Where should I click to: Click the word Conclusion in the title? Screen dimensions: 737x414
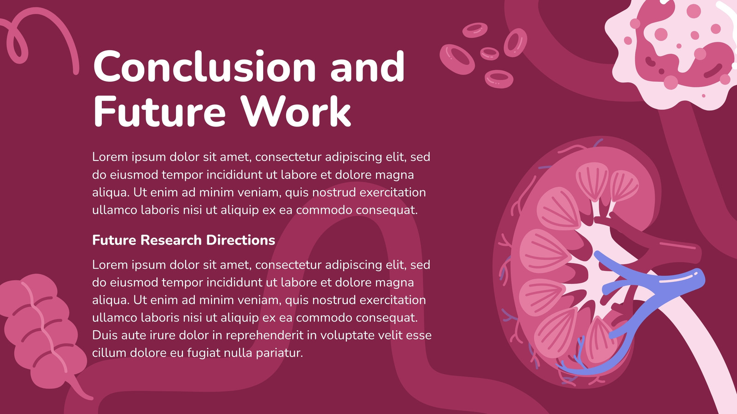tap(205, 66)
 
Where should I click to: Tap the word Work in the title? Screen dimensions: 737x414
tap(295, 111)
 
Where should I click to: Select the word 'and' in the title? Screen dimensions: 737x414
tap(368, 66)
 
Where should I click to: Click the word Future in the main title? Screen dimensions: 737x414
tap(159, 111)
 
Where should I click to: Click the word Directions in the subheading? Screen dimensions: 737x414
tap(240, 240)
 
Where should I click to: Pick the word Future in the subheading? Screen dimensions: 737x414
tap(114, 240)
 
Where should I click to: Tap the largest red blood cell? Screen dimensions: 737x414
tap(457, 59)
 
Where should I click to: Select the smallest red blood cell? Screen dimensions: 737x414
tap(489, 53)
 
